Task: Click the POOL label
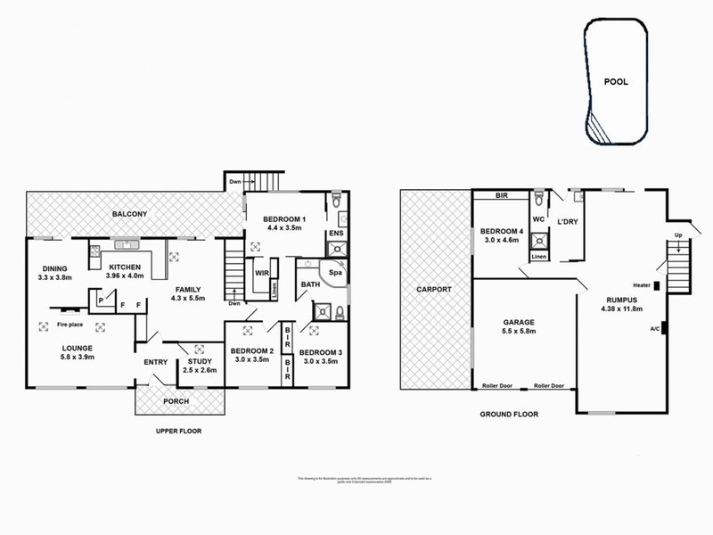pos(615,81)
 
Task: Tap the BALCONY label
pos(129,215)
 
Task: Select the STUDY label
pos(201,361)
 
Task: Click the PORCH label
pos(176,401)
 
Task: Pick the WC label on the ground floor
pos(538,218)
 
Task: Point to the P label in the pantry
pos(102,301)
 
